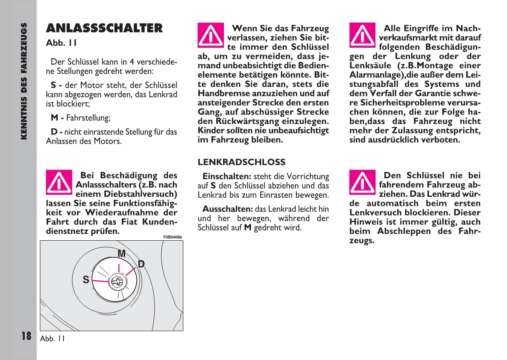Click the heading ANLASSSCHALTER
104,29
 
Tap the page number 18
26,336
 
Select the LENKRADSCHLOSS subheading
241,162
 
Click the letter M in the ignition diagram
122,253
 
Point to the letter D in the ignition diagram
141,264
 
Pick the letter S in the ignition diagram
86,280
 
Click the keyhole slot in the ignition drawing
117,281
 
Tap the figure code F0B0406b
172,237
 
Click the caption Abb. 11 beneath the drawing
52,339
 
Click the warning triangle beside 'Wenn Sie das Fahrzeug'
211,35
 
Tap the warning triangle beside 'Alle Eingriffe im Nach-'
362,35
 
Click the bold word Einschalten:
227,176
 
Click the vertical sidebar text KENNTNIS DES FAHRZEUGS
24,81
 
